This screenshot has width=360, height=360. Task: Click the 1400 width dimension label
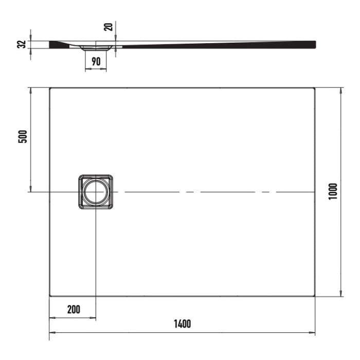pos(182,324)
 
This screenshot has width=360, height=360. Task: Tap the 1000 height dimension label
pos(333,192)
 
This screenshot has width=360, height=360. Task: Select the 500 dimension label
pos(22,137)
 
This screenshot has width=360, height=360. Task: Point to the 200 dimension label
pos(74,309)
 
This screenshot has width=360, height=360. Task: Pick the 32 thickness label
pos(22,44)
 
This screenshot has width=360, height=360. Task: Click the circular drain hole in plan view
pos(96,192)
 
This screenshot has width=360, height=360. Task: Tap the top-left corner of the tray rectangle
pos(50,88)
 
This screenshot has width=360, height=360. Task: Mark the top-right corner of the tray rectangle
pos(314,88)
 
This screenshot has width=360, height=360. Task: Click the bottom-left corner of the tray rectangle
pos(50,296)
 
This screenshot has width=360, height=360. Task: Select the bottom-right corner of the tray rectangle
pos(314,296)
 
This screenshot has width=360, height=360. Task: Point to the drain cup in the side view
pos(96,48)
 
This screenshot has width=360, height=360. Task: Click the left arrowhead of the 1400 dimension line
pos(51,333)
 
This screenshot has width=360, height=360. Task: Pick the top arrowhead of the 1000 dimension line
pos(341,90)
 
